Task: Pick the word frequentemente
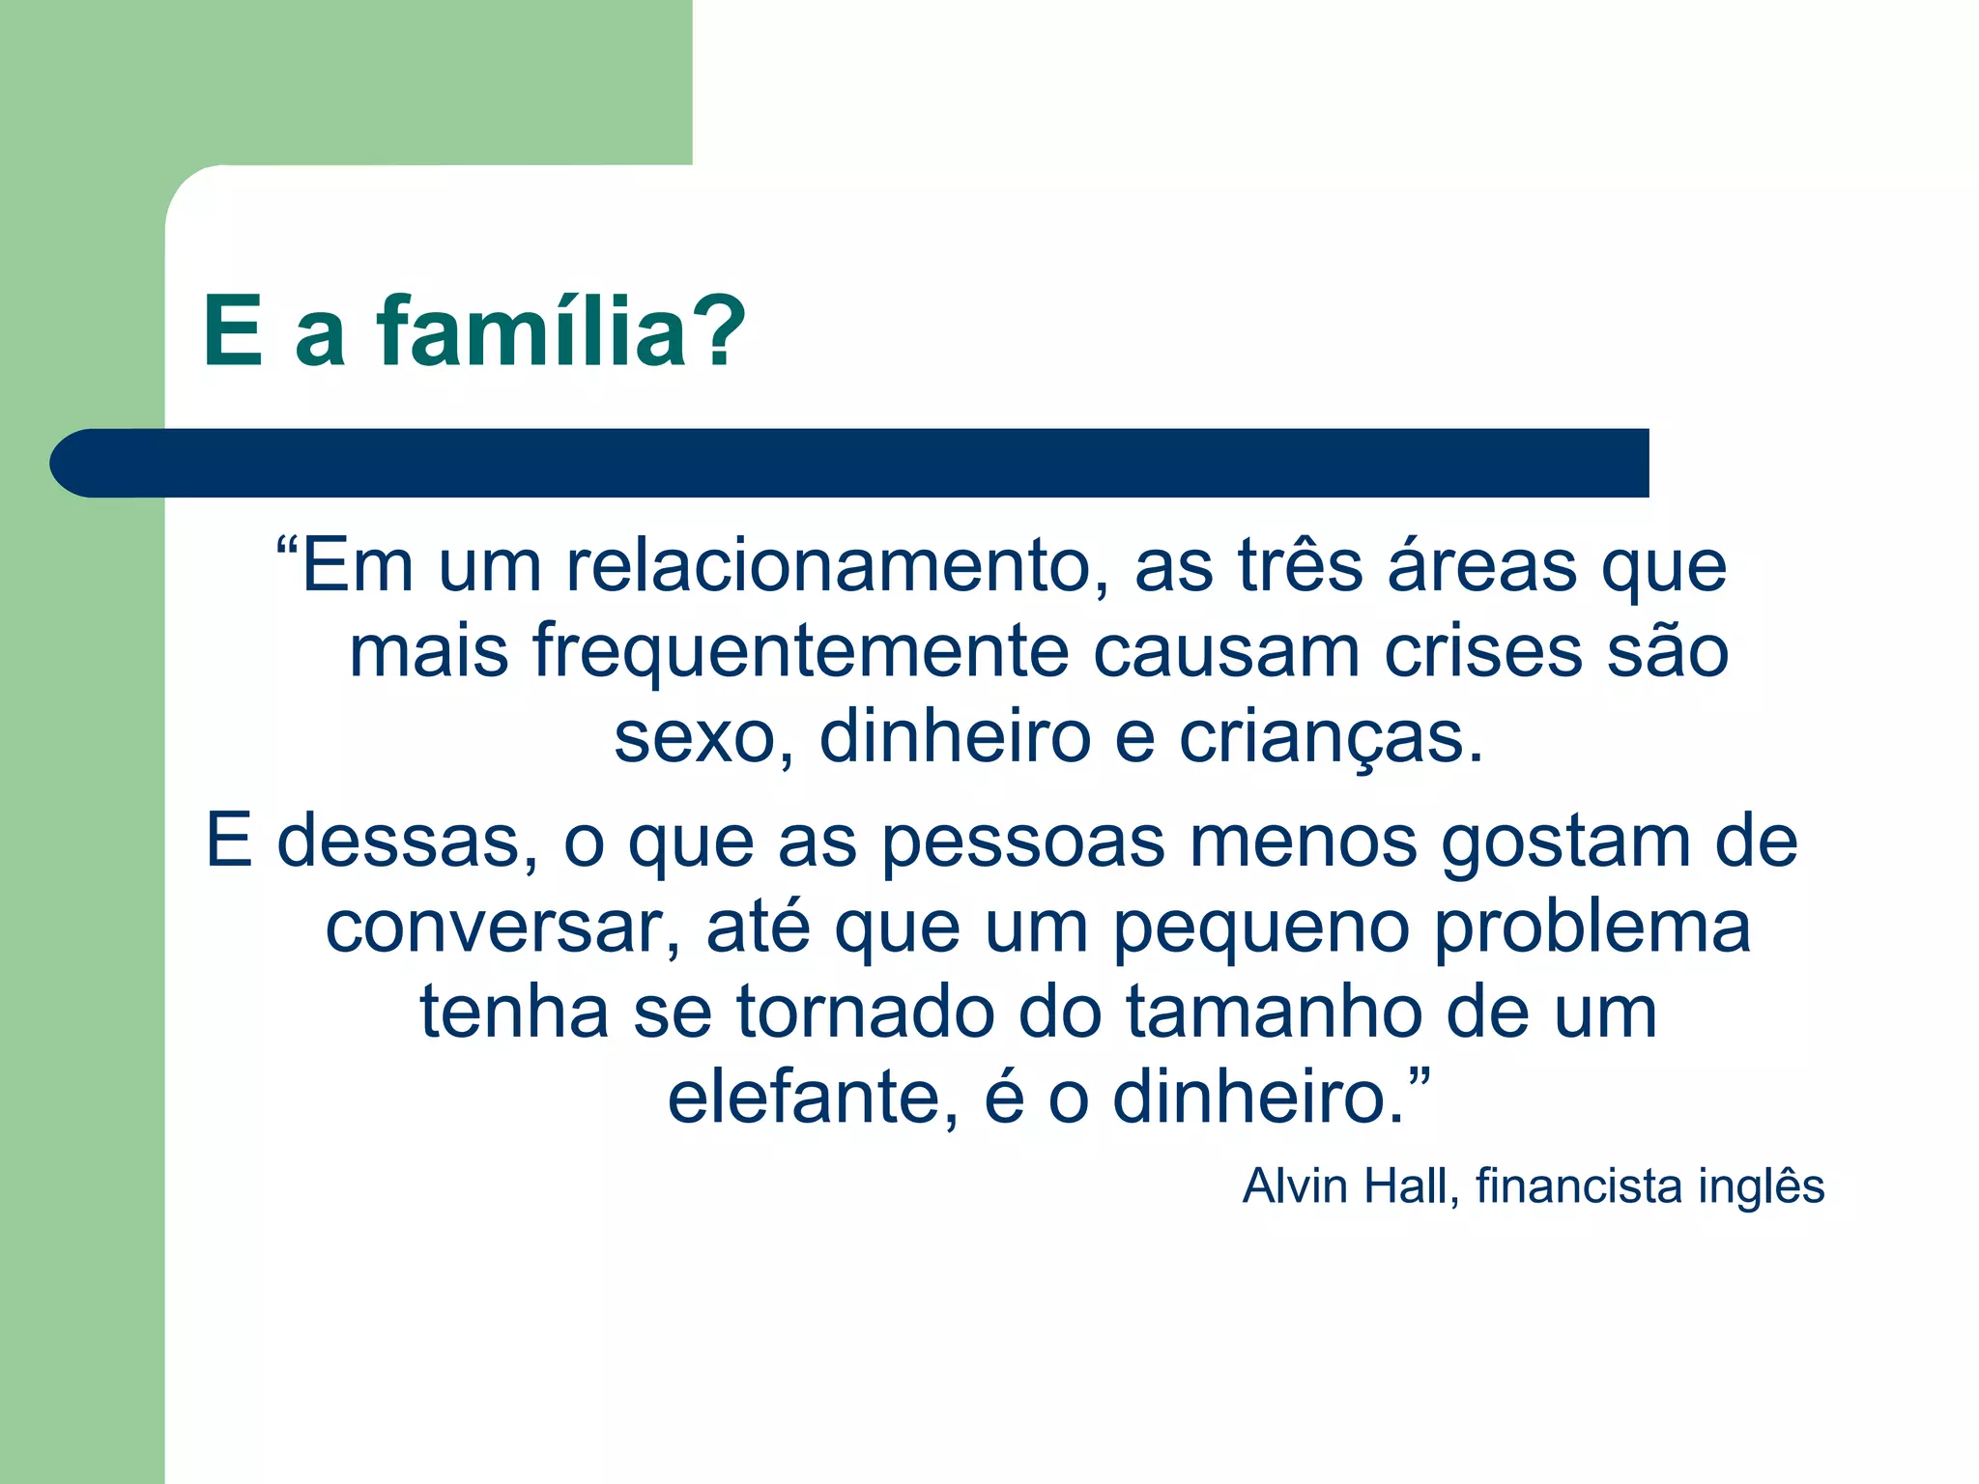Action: click(x=800, y=651)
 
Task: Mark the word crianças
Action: click(x=1331, y=738)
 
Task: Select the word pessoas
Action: click(x=1023, y=841)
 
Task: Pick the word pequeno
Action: click(x=1260, y=927)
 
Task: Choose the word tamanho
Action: click(x=1273, y=1013)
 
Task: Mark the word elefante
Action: click(x=812, y=1098)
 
